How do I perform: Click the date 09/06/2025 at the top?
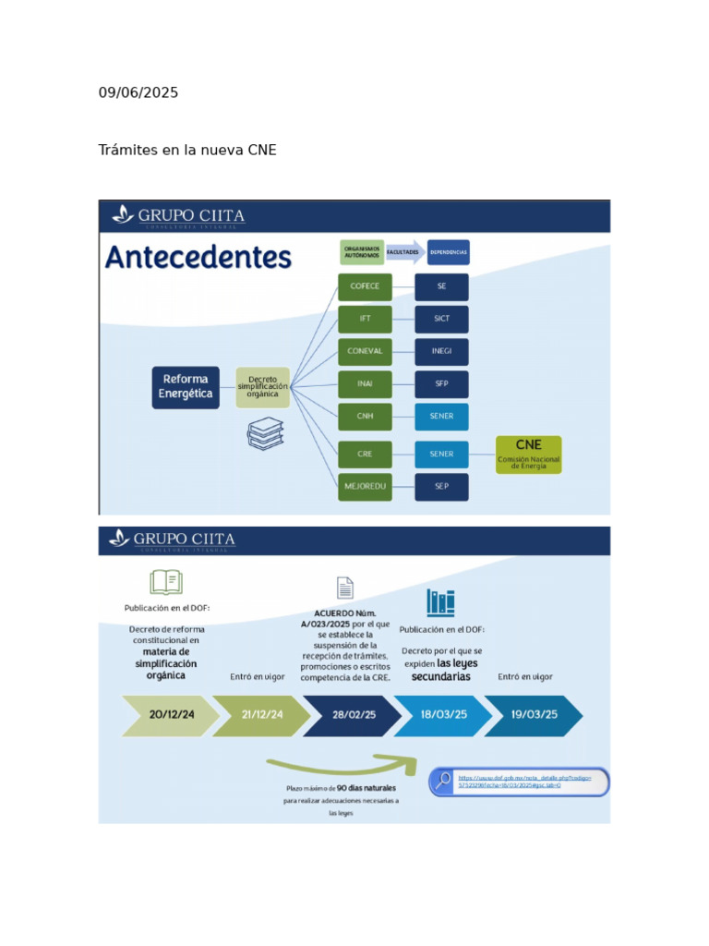(x=138, y=92)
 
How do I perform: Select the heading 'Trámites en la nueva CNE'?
(x=187, y=150)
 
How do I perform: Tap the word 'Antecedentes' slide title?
(x=198, y=256)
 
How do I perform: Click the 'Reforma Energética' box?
(x=186, y=386)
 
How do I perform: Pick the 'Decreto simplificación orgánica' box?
(x=263, y=386)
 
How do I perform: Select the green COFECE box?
(x=365, y=286)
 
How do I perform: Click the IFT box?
(x=365, y=319)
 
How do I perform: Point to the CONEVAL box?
(x=365, y=351)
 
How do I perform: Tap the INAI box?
(x=365, y=383)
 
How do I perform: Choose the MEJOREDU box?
(x=365, y=486)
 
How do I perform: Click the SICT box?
(x=441, y=319)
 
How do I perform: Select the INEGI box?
(x=441, y=351)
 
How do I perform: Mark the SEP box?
(x=441, y=486)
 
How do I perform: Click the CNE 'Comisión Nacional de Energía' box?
(x=528, y=455)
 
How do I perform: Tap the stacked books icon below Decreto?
(x=265, y=433)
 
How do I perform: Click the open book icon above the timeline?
(x=166, y=581)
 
